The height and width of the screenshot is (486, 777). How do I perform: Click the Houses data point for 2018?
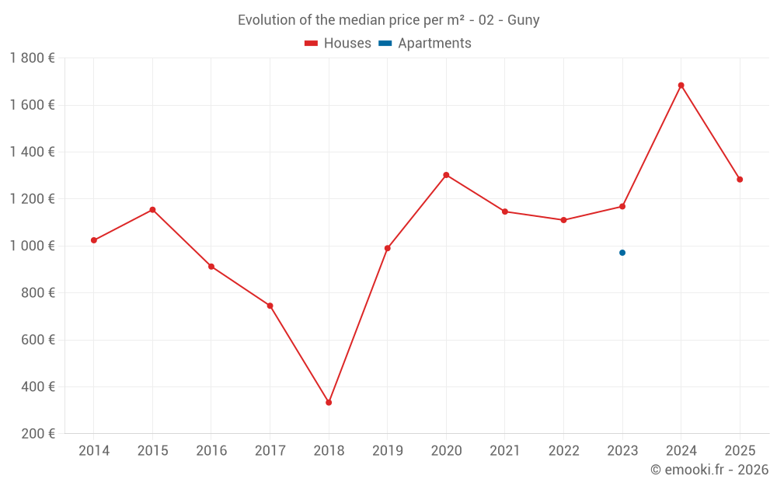329,403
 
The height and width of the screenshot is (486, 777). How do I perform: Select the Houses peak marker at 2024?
681,86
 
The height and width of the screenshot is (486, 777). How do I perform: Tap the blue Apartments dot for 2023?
622,253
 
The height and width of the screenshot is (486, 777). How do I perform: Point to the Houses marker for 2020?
446,175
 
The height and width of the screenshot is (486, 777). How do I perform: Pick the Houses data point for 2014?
94,240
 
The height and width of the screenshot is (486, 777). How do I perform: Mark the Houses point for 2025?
740,180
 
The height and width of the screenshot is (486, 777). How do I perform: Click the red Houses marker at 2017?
270,306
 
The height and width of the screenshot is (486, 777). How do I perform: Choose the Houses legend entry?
338,44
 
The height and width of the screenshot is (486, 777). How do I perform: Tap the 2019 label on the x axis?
387,451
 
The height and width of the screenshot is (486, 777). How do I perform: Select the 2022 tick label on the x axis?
563,451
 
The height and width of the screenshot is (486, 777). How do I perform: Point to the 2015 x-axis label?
152,451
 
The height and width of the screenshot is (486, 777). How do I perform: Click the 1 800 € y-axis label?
32,58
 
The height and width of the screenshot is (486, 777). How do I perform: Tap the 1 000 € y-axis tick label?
32,246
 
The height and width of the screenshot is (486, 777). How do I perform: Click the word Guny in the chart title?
524,20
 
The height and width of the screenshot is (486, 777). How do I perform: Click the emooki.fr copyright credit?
709,470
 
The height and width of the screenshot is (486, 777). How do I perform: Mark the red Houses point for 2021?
505,212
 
